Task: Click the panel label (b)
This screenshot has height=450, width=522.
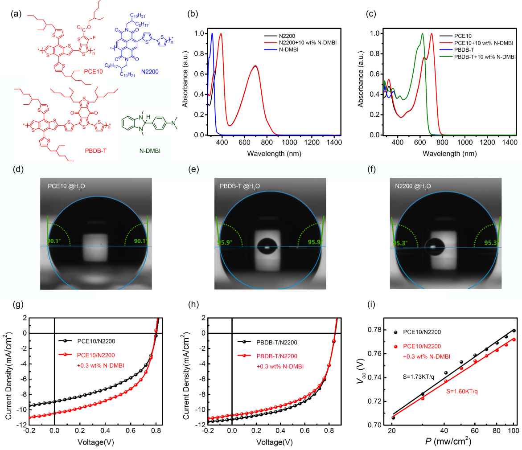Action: (x=193, y=13)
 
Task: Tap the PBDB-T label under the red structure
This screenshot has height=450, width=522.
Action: (x=95, y=151)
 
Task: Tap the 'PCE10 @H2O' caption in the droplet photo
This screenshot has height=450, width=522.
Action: (x=66, y=186)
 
